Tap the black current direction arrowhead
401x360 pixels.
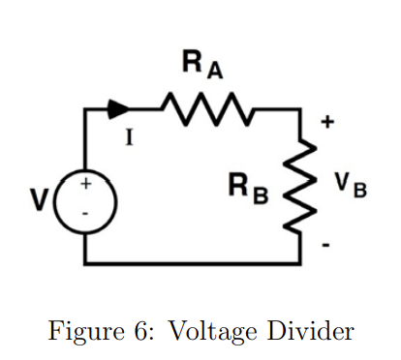(119, 108)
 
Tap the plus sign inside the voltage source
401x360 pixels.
(85, 184)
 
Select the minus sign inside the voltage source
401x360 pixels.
(85, 212)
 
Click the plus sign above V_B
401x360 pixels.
(327, 123)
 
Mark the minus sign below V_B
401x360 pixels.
(326, 246)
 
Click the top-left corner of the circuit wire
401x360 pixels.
(85, 109)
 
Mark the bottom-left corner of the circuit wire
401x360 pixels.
(85, 262)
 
